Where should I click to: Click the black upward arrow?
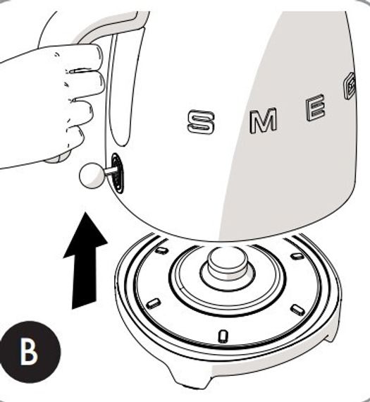(85, 264)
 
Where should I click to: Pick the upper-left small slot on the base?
(162, 250)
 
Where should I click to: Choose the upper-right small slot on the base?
(297, 255)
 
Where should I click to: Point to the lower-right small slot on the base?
(297, 310)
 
